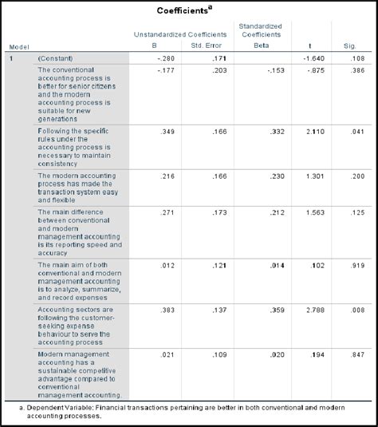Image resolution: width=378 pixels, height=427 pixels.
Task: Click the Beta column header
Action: (261, 47)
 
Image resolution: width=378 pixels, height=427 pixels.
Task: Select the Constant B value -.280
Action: (166, 59)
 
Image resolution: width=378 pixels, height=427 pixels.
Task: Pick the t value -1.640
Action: (314, 59)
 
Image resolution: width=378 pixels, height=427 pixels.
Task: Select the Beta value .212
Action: (274, 213)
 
